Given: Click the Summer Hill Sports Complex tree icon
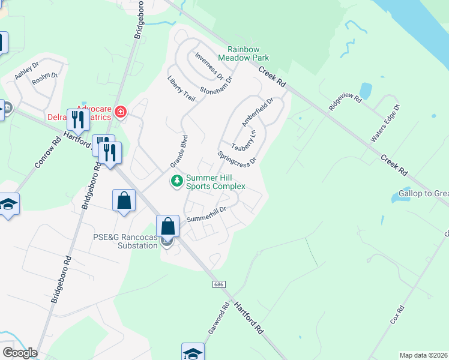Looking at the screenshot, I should coord(176,180).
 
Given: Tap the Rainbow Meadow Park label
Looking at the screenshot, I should coord(247,53).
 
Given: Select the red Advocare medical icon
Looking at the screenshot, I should coord(121,112).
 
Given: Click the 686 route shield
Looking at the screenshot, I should coord(216,284).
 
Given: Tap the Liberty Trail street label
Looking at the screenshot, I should coord(181,89).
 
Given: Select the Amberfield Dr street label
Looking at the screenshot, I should coord(258,112).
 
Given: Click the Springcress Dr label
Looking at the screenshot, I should coord(237,157).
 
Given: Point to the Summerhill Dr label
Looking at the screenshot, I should coord(205,215).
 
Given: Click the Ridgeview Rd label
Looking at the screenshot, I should coord(345,101).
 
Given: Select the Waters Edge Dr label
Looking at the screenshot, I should coord(385,122).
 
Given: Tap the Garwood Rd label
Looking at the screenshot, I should coord(222,314).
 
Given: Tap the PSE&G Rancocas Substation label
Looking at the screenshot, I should coord(125,241).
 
